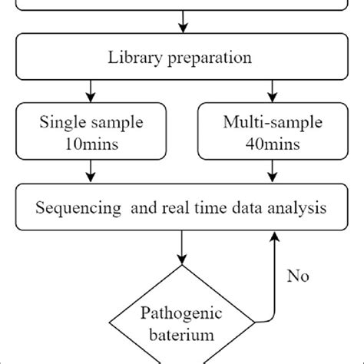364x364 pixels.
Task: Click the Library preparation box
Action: [182, 57]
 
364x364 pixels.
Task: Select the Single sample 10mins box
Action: [91, 132]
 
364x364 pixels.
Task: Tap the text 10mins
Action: [91, 142]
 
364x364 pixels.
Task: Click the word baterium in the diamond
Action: [182, 336]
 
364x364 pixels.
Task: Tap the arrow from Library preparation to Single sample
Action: [91, 91]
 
